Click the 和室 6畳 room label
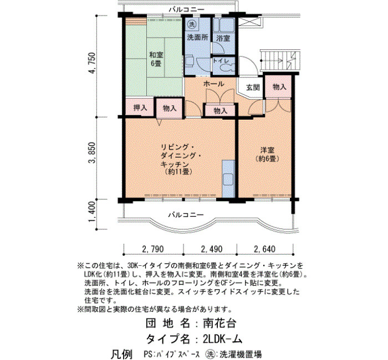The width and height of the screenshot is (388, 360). coord(156,59)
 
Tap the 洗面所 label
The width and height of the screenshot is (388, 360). coord(197,38)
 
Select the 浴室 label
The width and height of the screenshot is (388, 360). coord(223,38)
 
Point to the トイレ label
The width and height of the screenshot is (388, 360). coord(221,61)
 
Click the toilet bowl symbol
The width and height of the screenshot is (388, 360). coord(227,68)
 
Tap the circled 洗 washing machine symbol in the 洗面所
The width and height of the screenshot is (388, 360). coord(192,24)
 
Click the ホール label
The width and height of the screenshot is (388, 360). coord(213,84)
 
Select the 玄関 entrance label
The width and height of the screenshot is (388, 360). coord(253,88)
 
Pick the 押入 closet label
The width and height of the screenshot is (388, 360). coord(140,108)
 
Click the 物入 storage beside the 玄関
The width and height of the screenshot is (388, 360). coord(279,87)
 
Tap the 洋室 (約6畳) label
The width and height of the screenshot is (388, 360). coord(267,155)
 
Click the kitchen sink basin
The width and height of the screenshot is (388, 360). coord(228,179)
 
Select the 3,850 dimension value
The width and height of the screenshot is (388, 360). coord(91,153)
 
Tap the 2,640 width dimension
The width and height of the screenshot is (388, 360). coord(264,249)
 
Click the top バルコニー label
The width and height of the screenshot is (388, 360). coord(187,9)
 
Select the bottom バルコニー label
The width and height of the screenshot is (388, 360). coord(186,214)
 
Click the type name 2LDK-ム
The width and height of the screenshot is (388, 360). coord(222,339)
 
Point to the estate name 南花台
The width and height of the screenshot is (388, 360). coord(219,323)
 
